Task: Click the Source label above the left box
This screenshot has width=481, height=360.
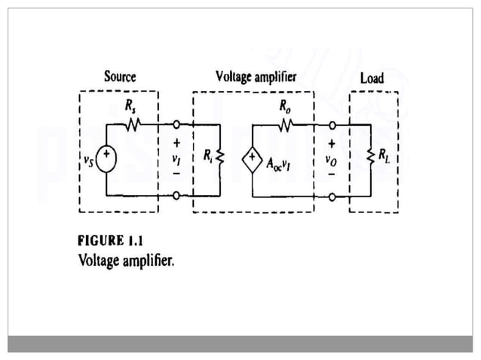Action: (x=120, y=77)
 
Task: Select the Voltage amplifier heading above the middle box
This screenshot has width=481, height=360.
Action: (x=256, y=77)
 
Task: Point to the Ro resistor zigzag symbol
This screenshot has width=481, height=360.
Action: (x=285, y=124)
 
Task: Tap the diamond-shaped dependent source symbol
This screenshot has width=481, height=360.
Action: (x=250, y=160)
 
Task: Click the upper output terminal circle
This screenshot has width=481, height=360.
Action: (x=332, y=125)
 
